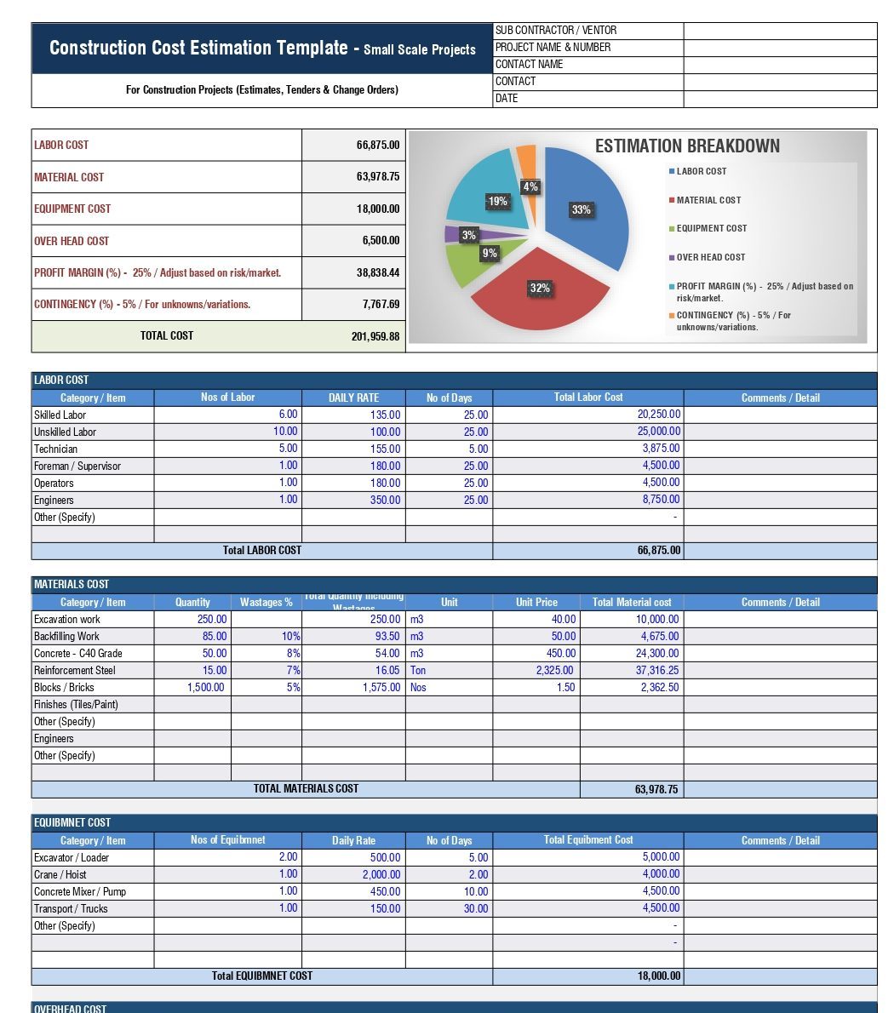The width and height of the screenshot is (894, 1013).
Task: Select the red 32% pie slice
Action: (x=536, y=294)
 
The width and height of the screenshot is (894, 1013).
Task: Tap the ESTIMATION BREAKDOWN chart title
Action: (x=687, y=146)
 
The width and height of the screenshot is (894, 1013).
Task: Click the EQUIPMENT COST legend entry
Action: (x=711, y=228)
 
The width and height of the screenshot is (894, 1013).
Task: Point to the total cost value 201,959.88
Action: (x=375, y=336)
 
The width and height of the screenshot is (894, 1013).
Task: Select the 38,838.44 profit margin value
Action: (x=375, y=273)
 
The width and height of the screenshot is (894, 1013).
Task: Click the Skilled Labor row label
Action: (x=60, y=415)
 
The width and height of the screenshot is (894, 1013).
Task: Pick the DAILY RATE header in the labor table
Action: (x=353, y=398)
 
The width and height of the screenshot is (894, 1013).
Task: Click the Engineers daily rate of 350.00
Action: (x=385, y=500)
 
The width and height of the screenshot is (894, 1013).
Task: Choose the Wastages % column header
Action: (x=266, y=602)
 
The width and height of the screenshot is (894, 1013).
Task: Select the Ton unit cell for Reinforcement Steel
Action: (x=418, y=670)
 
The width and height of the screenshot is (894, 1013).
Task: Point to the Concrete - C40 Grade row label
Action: (x=78, y=653)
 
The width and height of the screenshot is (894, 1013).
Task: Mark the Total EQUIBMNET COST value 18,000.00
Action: (x=659, y=976)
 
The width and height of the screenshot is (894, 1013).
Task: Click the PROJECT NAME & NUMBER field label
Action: (x=553, y=48)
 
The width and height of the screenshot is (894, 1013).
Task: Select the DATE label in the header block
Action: (x=507, y=99)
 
